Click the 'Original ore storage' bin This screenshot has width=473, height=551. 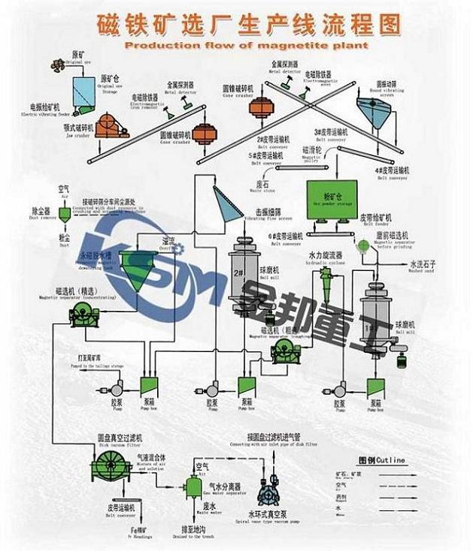[88, 91]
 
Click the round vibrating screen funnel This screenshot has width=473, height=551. [373, 114]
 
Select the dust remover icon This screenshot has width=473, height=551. [65, 213]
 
